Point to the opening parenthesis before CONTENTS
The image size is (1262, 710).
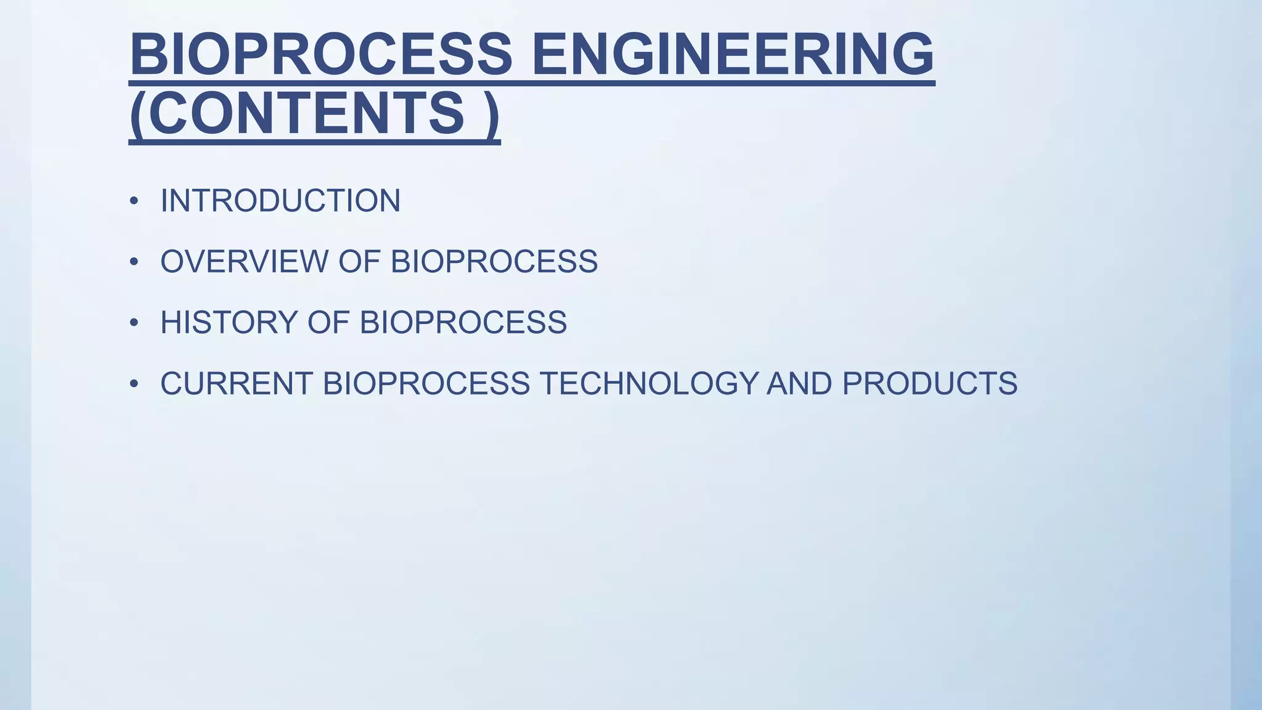pos(138,115)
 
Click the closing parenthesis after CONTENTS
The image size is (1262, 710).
pos(491,115)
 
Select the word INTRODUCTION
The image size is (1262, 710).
pos(280,201)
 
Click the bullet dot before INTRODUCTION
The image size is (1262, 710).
pos(134,202)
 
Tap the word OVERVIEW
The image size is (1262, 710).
pos(245,261)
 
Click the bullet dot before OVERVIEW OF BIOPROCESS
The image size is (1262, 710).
pos(134,262)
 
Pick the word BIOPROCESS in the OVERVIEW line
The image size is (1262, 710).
pos(494,261)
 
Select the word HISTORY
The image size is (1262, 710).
pos(229,322)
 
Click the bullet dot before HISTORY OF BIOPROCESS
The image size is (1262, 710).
pos(134,323)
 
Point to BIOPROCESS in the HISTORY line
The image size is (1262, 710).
pos(463,322)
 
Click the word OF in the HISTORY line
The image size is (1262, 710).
pos(328,322)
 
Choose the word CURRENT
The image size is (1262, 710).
pos(237,383)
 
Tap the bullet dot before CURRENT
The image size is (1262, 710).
pos(134,384)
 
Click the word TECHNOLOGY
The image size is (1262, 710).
pos(649,383)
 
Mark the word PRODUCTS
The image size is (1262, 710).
pos(929,383)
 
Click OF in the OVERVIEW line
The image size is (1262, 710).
pos(359,261)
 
